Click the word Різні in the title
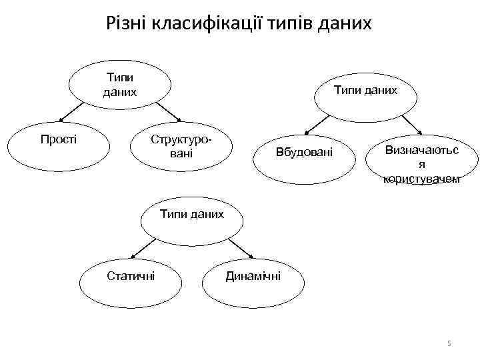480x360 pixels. tap(127, 24)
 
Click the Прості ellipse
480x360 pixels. tap(59, 144)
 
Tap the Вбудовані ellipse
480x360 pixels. tap(303, 155)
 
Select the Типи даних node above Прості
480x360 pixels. tap(121, 86)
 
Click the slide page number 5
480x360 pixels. tap(449, 343)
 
